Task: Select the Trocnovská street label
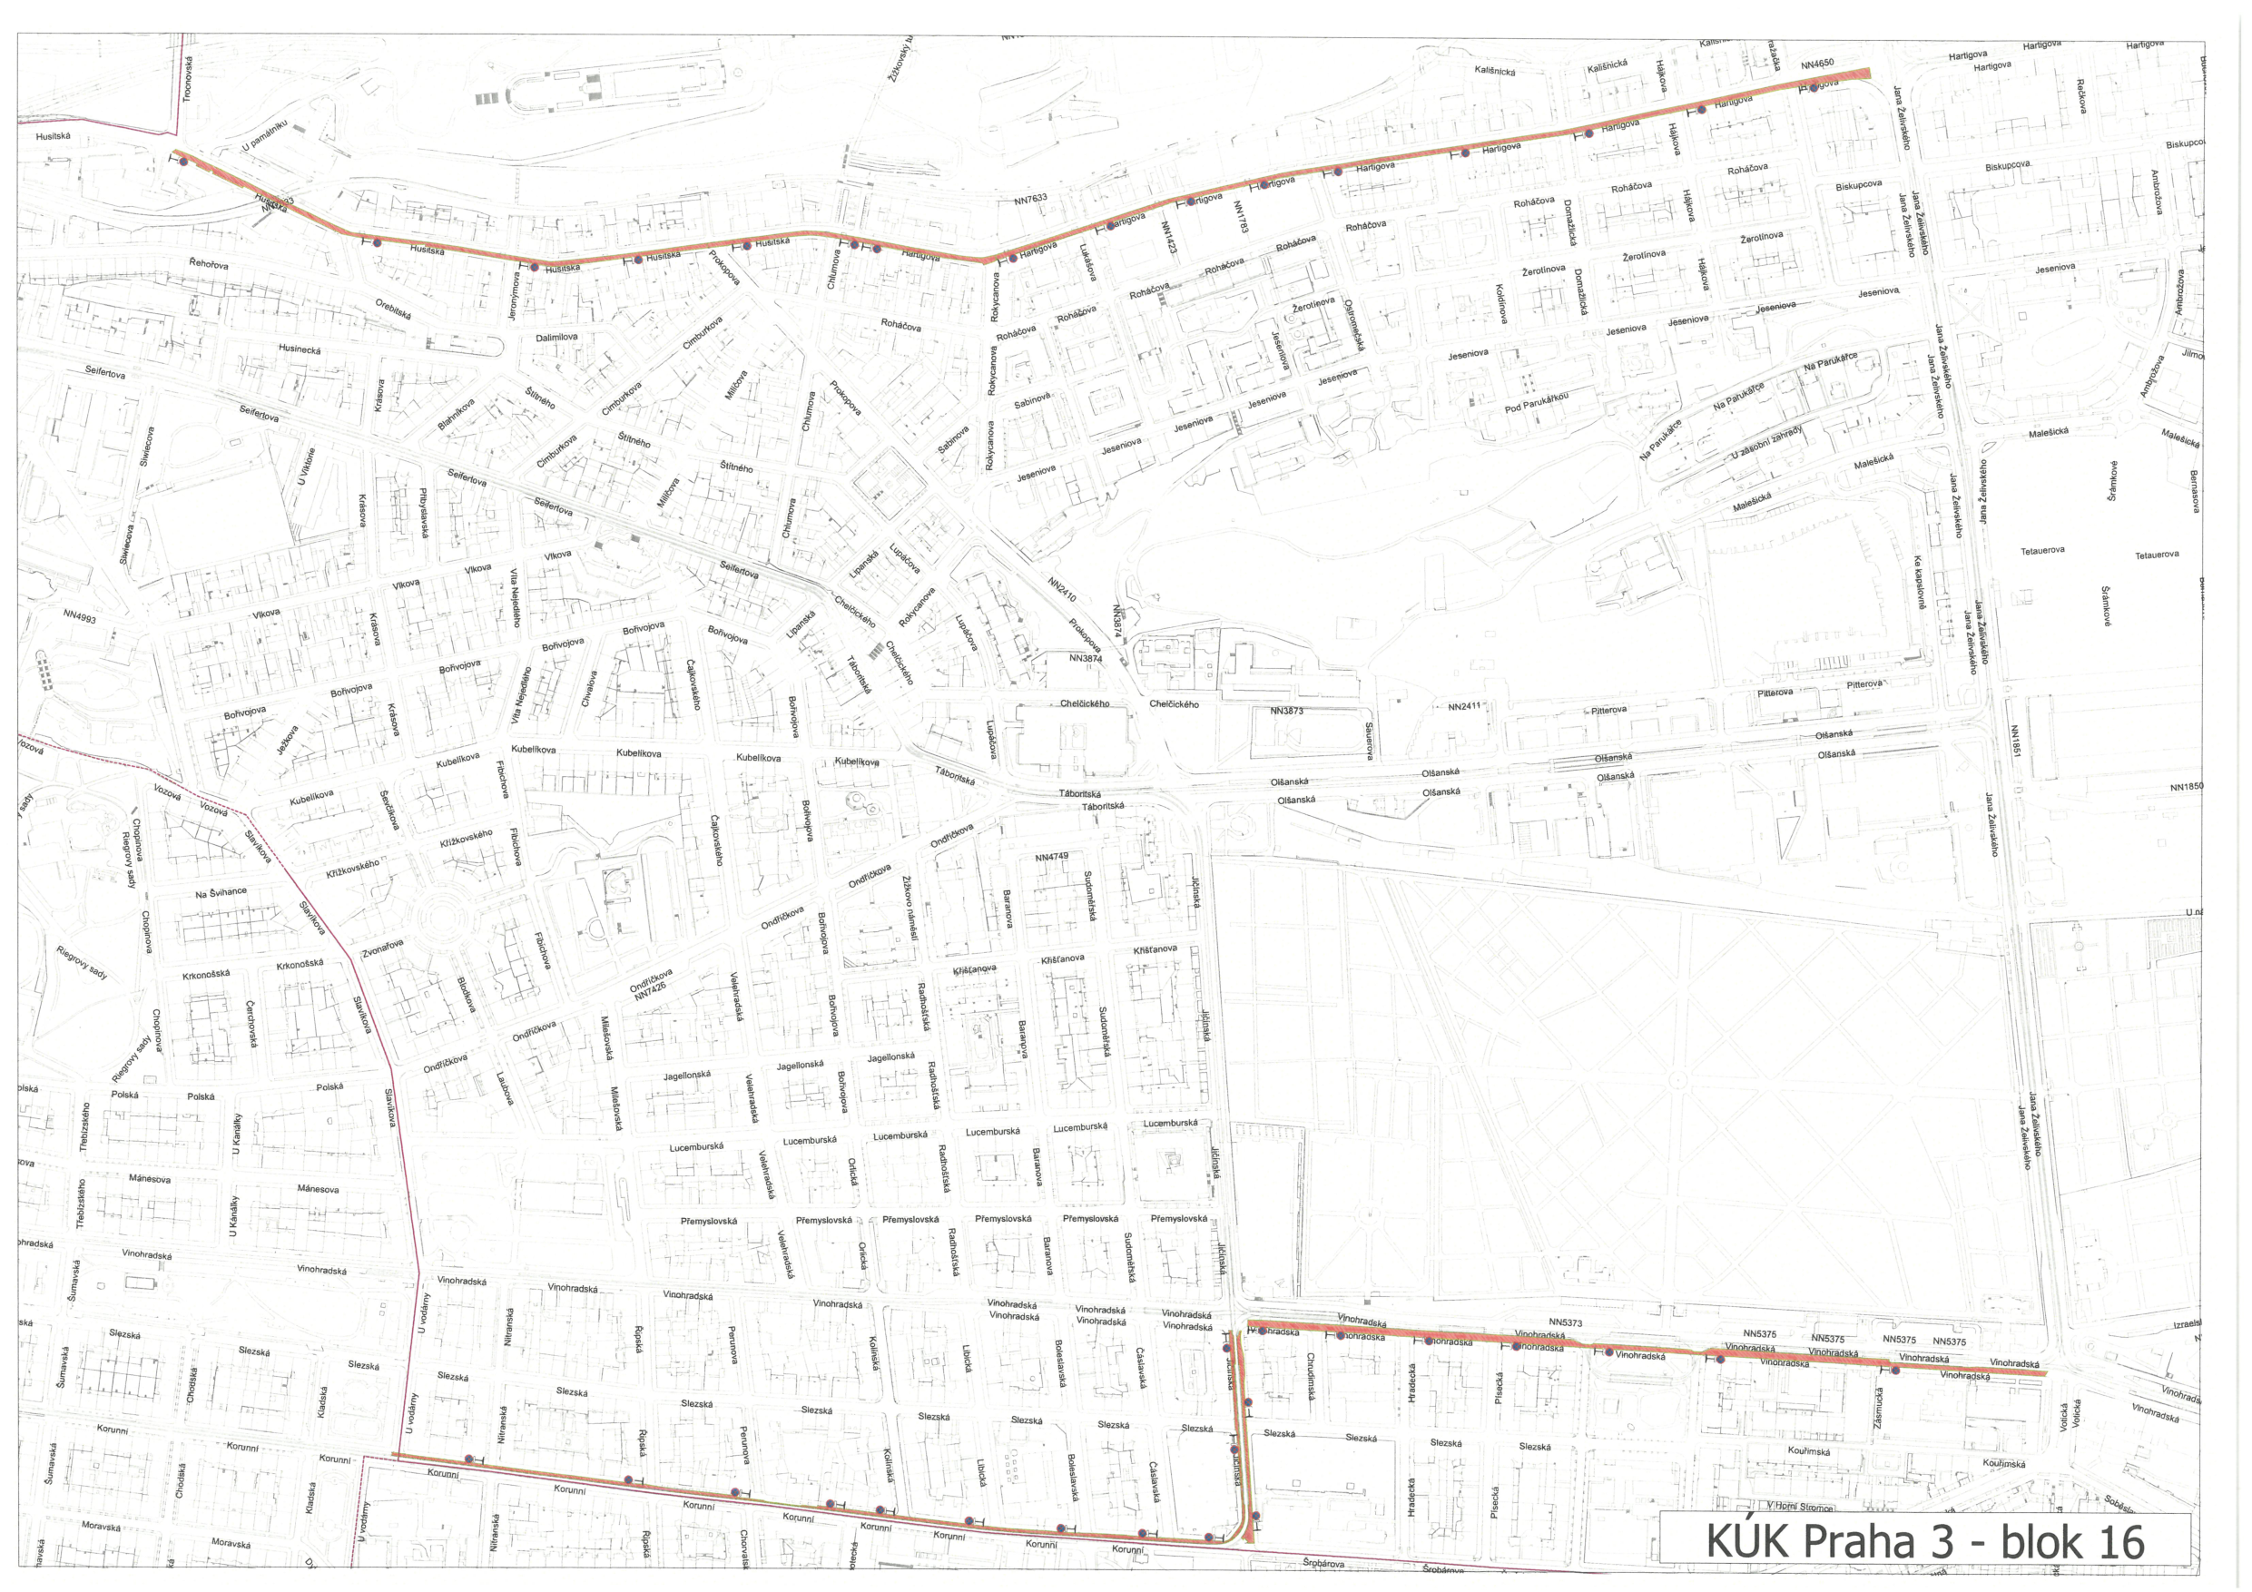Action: (x=186, y=78)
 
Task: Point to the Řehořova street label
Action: (x=209, y=265)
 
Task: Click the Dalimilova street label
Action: (x=556, y=338)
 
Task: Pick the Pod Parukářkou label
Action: (x=1536, y=402)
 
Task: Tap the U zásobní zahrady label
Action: (x=1766, y=443)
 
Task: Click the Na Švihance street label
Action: (x=221, y=892)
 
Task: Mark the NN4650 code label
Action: (x=1816, y=64)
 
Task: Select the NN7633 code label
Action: (x=1030, y=199)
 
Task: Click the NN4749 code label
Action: (x=1051, y=856)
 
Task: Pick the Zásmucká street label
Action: (x=1877, y=1408)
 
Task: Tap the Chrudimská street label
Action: (x=1310, y=1376)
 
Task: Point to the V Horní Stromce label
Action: (x=1799, y=1507)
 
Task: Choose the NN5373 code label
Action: (x=1566, y=1322)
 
